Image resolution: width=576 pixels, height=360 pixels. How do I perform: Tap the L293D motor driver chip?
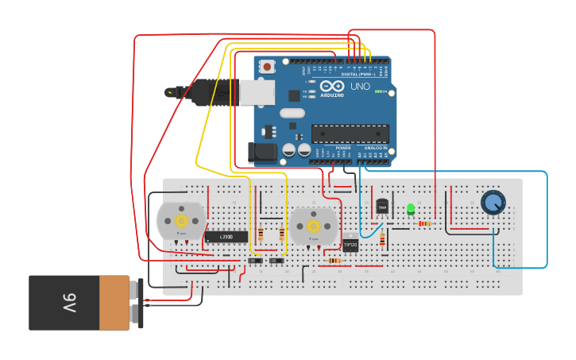[x=226, y=237]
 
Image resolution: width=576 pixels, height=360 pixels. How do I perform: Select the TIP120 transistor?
[x=350, y=245]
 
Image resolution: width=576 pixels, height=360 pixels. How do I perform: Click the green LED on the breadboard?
[x=411, y=210]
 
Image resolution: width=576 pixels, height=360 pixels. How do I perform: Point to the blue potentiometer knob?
[x=493, y=202]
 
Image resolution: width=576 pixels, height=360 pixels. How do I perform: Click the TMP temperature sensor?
[x=382, y=207]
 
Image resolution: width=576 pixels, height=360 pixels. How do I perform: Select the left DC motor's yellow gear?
[x=181, y=220]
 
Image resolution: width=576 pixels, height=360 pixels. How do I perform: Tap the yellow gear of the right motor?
[x=314, y=226]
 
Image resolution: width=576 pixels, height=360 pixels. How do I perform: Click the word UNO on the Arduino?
[x=359, y=86]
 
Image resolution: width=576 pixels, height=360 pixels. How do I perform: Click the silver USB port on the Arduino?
[x=256, y=93]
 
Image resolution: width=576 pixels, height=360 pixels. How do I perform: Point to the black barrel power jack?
[x=262, y=152]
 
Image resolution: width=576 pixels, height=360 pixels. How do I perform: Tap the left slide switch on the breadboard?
[x=255, y=261]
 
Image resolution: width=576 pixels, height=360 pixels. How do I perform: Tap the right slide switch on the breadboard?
[x=276, y=261]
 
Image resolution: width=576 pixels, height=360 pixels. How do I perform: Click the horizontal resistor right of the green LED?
[x=425, y=223]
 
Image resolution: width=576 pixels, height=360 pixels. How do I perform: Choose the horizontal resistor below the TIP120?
[x=334, y=261]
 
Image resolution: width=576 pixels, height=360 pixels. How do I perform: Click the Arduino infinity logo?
[x=333, y=86]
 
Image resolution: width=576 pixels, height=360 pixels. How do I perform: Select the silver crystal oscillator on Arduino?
[x=292, y=113]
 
